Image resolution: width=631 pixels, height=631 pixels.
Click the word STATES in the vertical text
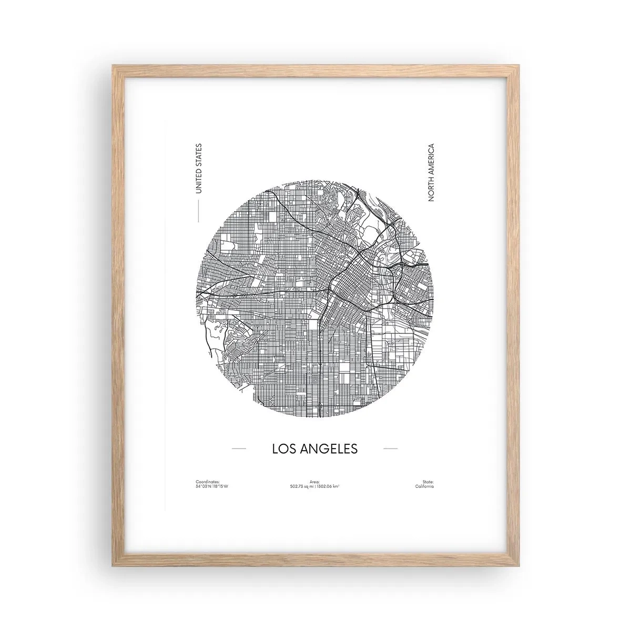[198, 156]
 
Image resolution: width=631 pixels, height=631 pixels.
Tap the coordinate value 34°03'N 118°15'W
[212, 486]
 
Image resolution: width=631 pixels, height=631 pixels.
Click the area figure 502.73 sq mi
[303, 486]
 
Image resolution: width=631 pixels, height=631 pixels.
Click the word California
[424, 486]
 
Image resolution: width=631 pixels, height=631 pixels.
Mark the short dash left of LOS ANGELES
[239, 449]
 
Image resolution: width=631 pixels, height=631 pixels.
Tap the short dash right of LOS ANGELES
[391, 449]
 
